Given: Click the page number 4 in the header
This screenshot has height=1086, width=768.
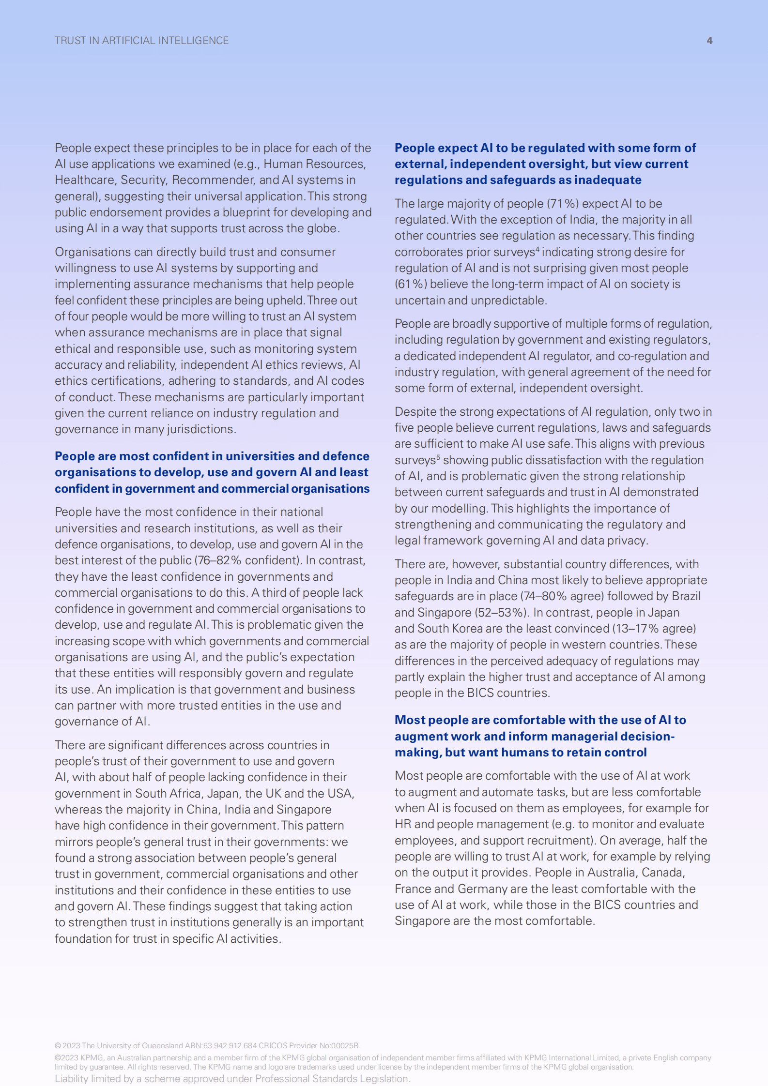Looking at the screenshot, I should point(709,41).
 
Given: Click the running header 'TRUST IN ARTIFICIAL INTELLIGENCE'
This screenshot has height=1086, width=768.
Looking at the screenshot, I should point(141,41).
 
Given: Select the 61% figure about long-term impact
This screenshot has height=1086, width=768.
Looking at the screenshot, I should point(412,284).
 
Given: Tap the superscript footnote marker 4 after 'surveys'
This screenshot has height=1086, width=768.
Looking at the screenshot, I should point(538,249).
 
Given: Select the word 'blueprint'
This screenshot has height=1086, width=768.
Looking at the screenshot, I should point(246,212).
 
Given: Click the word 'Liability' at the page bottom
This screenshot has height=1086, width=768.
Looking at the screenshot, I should point(71,1079).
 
